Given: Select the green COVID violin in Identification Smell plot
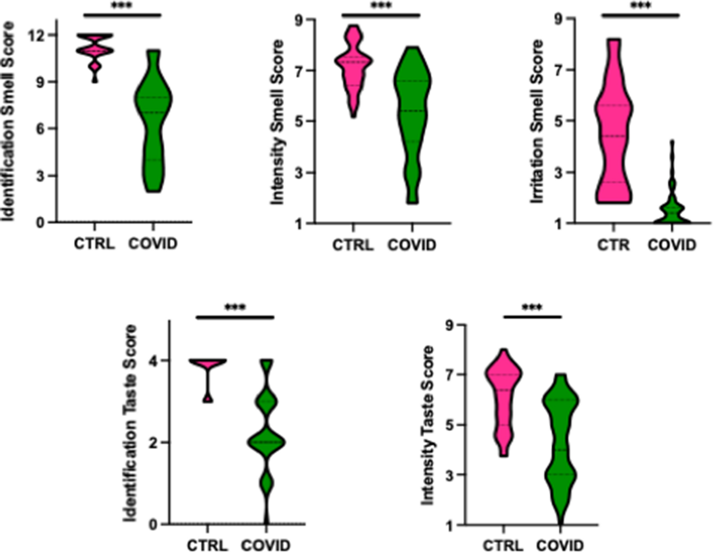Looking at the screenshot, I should point(153,113).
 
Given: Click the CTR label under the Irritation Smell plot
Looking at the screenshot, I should point(613,245).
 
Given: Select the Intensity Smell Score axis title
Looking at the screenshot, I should point(278,121).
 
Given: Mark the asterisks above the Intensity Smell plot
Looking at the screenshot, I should point(381,6).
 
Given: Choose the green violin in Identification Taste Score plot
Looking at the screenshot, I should point(266,441).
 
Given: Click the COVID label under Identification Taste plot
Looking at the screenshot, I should point(266,546).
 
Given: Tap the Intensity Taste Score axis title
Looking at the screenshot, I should point(428,425).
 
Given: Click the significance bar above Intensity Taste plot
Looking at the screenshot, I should point(532,317).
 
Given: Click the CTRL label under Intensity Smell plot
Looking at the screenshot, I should point(353,245).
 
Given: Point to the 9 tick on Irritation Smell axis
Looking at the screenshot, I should point(559,19).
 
